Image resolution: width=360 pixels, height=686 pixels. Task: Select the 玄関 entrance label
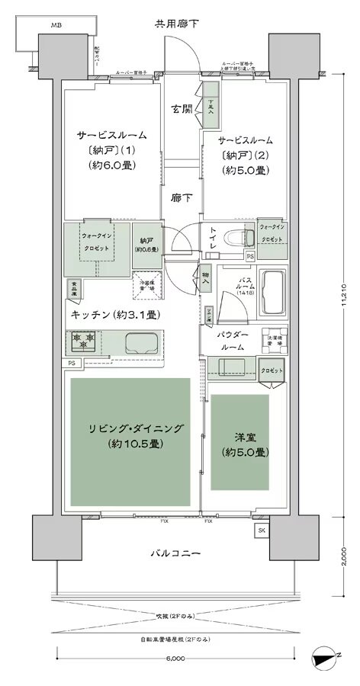point(182,109)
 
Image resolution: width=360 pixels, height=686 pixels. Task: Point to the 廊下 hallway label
point(182,197)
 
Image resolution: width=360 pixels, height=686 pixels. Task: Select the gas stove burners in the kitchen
point(83,338)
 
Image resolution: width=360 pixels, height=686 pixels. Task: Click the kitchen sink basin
point(141,341)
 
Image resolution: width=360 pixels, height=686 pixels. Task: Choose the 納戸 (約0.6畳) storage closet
point(144,245)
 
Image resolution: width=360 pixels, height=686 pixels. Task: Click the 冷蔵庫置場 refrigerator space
point(145,283)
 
